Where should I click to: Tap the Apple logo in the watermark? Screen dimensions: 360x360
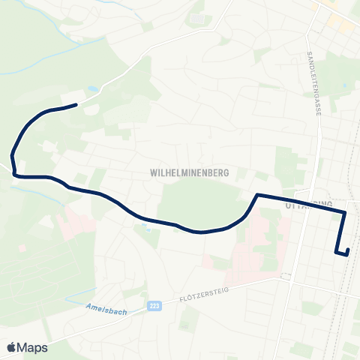(x=11, y=347)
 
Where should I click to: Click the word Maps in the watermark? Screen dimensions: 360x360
(x=33, y=347)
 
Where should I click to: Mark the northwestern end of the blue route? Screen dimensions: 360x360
(x=76, y=105)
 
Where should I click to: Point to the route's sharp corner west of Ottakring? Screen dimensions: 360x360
(x=257, y=196)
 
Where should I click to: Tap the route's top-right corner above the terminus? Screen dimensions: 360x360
(x=344, y=214)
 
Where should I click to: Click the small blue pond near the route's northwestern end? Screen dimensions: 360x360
(x=91, y=89)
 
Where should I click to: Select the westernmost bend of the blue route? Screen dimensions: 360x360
(x=12, y=155)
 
